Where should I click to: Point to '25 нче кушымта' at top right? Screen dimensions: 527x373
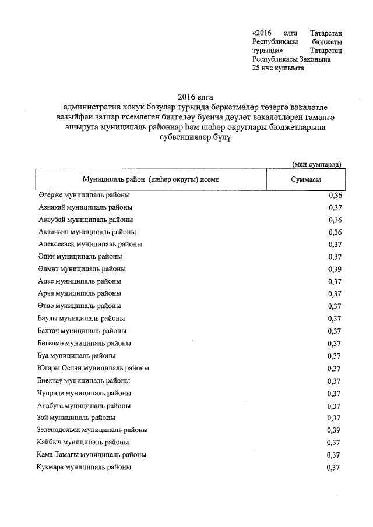pyautogui.click(x=278, y=68)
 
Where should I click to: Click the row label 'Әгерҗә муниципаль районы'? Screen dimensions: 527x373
pyautogui.click(x=84, y=195)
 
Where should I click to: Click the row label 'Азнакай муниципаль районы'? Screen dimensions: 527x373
pyautogui.click(x=85, y=207)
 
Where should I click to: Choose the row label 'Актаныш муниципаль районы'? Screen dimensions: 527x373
pyautogui.click(x=86, y=232)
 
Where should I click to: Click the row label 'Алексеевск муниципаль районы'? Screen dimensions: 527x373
pyautogui.click(x=90, y=244)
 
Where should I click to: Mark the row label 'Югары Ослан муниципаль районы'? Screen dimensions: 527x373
pyautogui.click(x=93, y=368)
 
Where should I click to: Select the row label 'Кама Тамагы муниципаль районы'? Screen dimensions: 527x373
pyautogui.click(x=92, y=454)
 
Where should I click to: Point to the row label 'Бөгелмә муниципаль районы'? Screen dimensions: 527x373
pyautogui.click(x=85, y=343)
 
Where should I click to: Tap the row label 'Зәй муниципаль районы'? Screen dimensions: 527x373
pyautogui.click(x=76, y=418)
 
